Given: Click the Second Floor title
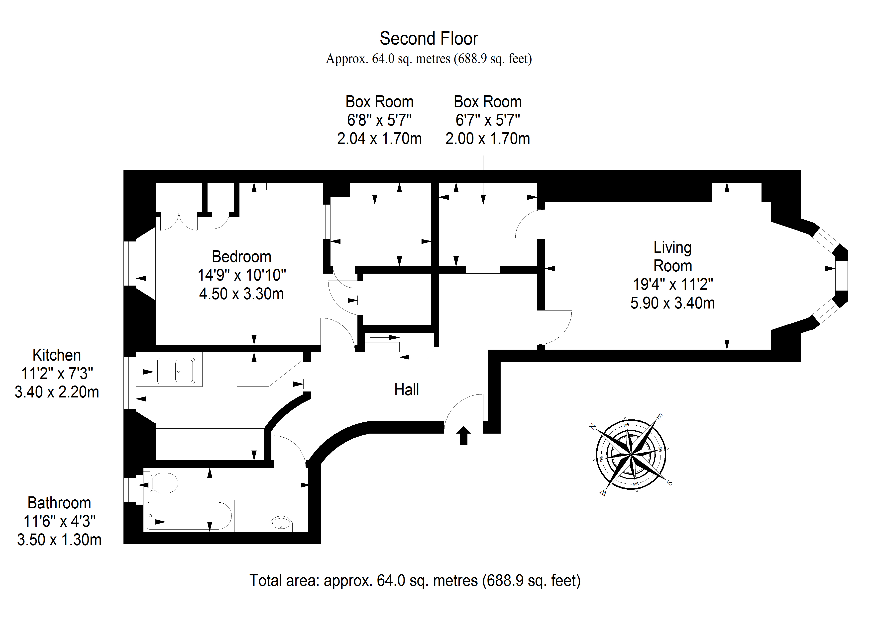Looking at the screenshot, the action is pos(429,38).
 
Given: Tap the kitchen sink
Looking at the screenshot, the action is pos(176,371).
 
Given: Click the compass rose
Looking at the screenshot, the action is pos(631,455).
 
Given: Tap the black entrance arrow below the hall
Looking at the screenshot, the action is pos(463,435).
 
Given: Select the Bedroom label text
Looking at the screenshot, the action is pos(242,257).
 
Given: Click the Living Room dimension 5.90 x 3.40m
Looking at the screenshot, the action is pos(673,303).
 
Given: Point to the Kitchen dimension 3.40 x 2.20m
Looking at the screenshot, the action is pos(57,392).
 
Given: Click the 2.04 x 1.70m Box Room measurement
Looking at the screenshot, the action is pos(380,139).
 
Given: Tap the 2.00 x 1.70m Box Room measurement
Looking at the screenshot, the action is pos(488,139).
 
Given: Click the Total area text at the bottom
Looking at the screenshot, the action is pos(415,581).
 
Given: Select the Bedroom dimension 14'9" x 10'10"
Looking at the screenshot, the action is pos(242,275).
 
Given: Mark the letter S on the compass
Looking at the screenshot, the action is pos(669,483).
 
